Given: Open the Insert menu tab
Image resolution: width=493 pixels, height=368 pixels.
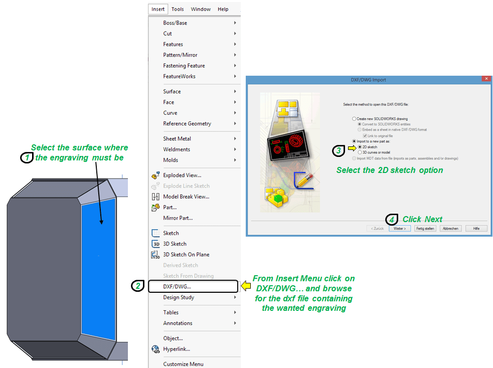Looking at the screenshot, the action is click(x=158, y=9).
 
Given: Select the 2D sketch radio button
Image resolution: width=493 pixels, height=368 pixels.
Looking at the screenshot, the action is click(x=360, y=147).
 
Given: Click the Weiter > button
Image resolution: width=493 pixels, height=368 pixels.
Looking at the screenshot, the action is click(x=400, y=229).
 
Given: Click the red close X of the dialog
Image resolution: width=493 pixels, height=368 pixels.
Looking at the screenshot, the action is click(x=486, y=79).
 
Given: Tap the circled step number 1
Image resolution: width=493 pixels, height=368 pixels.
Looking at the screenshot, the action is click(x=27, y=157).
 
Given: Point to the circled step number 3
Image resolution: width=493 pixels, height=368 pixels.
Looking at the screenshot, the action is click(x=339, y=151).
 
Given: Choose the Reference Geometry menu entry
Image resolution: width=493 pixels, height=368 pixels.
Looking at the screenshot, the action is click(x=187, y=123).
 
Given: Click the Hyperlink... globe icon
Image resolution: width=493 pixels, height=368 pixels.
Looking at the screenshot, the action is click(x=155, y=349).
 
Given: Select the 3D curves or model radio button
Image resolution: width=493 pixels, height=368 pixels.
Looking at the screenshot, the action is click(x=360, y=152).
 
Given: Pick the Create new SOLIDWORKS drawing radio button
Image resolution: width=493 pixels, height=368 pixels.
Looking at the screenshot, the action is click(x=354, y=119).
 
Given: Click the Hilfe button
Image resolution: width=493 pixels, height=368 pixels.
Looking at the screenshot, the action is click(x=476, y=229).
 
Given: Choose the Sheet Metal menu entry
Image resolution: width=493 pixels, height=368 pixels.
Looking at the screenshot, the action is click(x=177, y=138).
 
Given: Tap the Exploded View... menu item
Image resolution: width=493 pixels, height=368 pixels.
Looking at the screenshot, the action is click(x=182, y=175).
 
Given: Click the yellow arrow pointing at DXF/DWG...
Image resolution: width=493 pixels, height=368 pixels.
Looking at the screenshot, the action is click(x=246, y=286).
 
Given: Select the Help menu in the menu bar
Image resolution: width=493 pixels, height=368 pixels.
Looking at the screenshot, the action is click(x=223, y=9).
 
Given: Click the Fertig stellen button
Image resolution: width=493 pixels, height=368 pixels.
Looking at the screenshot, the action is click(x=425, y=229).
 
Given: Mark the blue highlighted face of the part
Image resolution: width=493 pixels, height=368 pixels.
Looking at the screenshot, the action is click(x=98, y=269).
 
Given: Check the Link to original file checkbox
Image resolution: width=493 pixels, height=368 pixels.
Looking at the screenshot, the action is click(x=365, y=136).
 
